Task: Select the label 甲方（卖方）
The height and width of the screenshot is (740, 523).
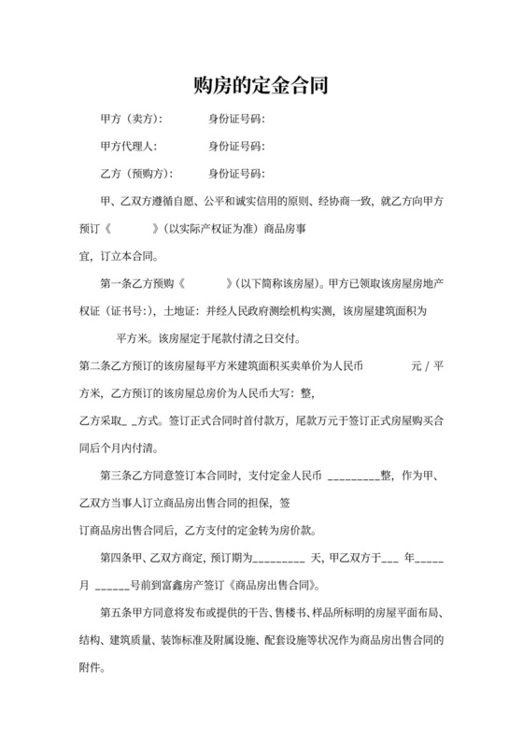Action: tap(131, 120)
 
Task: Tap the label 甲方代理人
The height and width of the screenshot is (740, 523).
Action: tap(128, 147)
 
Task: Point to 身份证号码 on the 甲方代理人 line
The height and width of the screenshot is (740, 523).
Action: tap(236, 147)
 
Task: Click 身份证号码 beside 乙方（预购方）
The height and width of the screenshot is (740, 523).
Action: tap(236, 174)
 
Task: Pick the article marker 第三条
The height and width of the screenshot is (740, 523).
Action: tap(116, 474)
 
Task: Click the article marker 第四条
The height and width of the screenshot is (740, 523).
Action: tap(116, 558)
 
